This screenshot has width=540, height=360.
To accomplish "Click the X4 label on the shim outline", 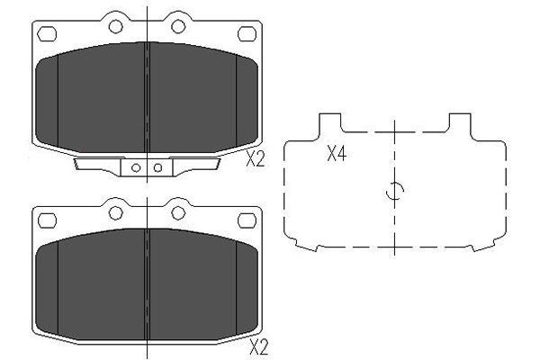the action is click(x=337, y=154).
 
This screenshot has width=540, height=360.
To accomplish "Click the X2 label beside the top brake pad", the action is click(x=256, y=159).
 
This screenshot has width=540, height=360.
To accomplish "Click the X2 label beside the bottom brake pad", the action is click(x=258, y=347).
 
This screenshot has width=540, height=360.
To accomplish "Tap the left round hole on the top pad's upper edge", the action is click(x=116, y=26).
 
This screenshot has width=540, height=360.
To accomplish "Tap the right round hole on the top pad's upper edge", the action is click(x=178, y=26).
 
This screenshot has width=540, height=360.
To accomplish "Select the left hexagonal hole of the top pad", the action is click(x=47, y=34).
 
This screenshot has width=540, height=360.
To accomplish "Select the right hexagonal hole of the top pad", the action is click(x=247, y=34).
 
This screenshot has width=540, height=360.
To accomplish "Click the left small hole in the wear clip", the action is click(x=136, y=168).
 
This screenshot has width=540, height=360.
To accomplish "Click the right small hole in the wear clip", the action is click(x=158, y=167).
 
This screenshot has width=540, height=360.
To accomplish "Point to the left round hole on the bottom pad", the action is click(x=116, y=213).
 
